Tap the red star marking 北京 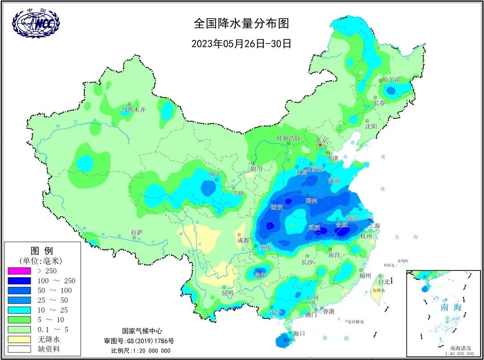[x=320, y=145]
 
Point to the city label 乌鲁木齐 [x=134, y=109]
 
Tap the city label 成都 [x=243, y=240]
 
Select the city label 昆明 [x=228, y=293]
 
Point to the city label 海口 [x=299, y=333]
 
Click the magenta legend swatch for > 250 [x=19, y=271]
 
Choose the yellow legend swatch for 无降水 [x=19, y=339]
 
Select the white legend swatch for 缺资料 [x=19, y=349]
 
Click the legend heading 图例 [x=41, y=250]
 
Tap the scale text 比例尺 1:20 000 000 [x=141, y=350]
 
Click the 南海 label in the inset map [x=450, y=308]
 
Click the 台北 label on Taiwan [x=384, y=282]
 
